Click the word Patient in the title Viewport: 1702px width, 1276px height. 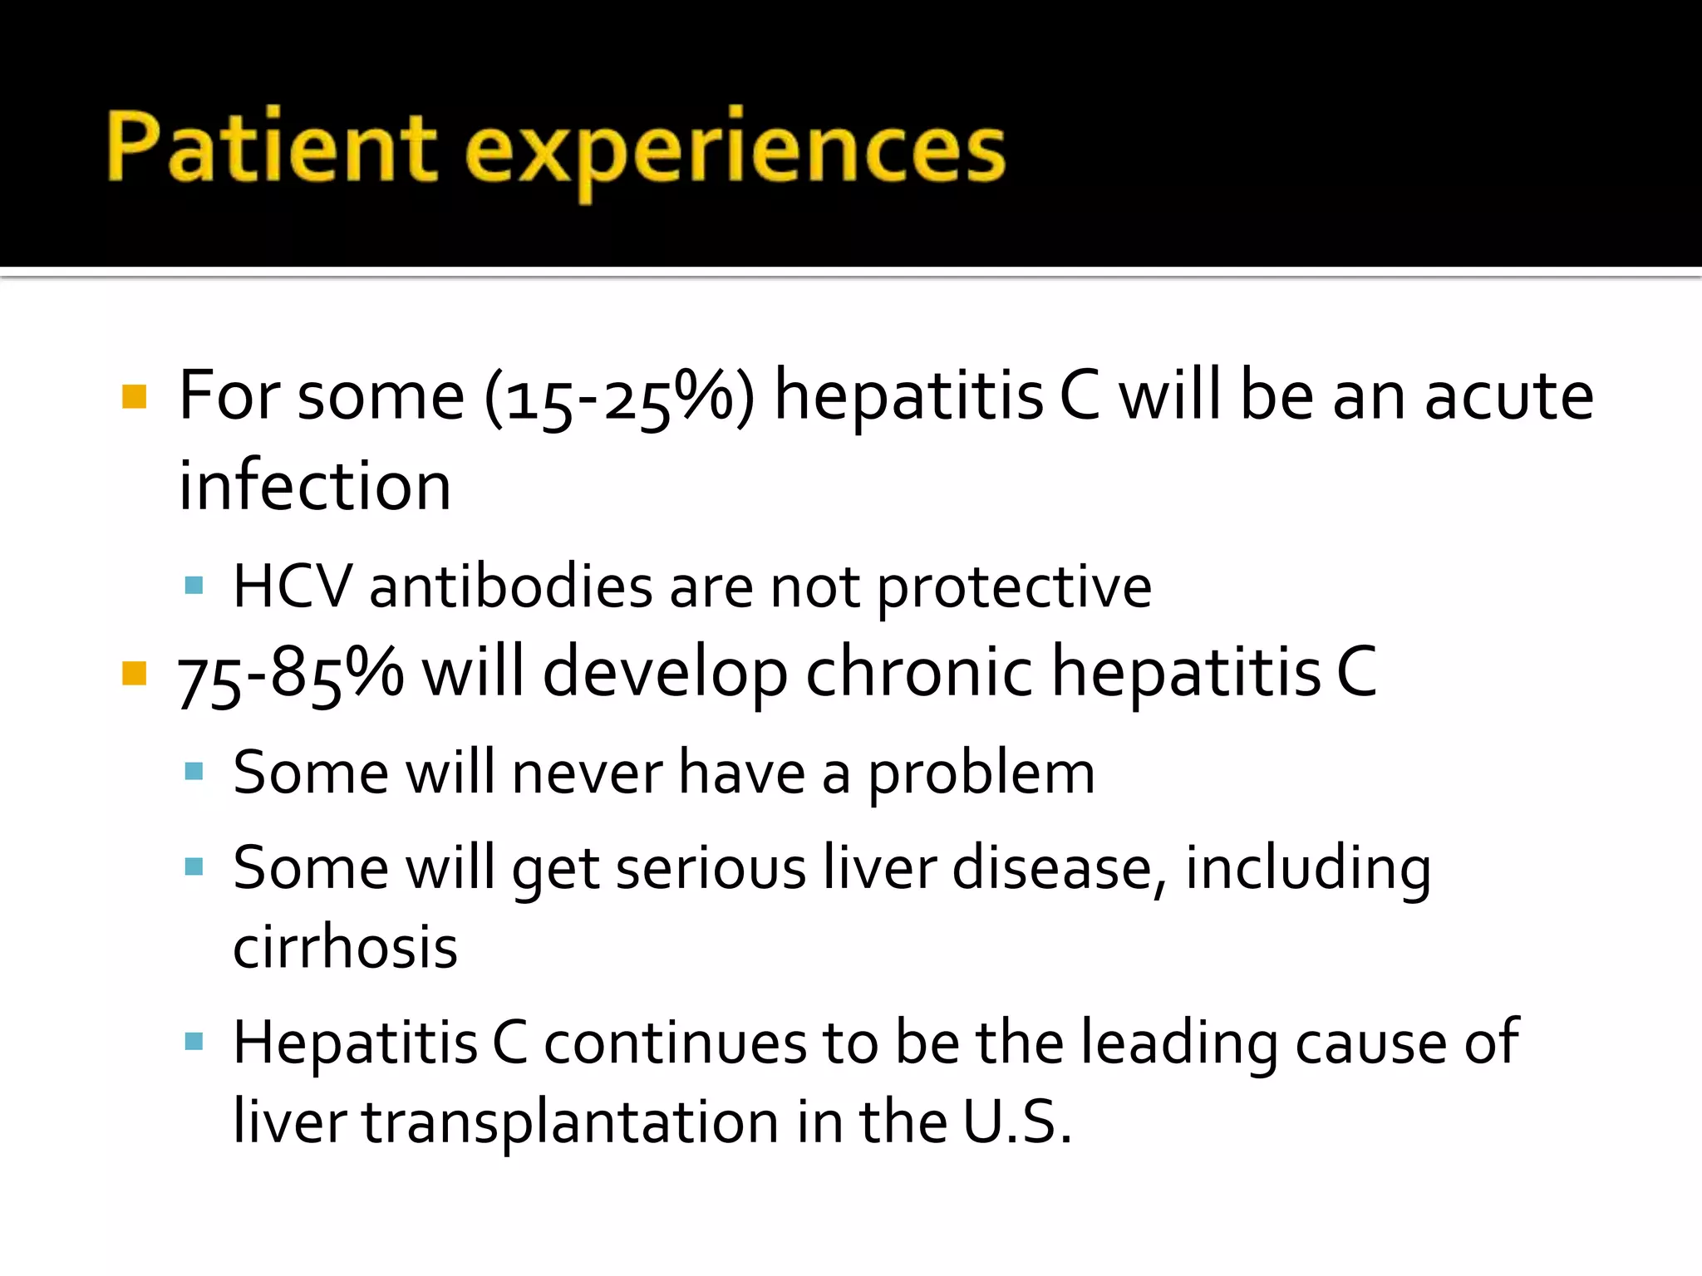(271, 147)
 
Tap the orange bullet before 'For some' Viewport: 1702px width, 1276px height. (134, 396)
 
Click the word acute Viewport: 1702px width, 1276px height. (1508, 396)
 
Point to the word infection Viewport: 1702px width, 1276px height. (315, 486)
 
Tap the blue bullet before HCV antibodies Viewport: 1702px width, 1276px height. (194, 586)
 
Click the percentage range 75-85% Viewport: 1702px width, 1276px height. (291, 673)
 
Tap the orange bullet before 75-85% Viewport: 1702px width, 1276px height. (134, 673)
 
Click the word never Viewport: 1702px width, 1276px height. (587, 773)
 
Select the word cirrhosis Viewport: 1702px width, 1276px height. (345, 947)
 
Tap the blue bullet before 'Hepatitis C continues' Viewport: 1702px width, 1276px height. (194, 1042)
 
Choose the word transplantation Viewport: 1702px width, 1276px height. (569, 1121)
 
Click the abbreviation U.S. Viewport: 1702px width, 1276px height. (1017, 1121)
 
